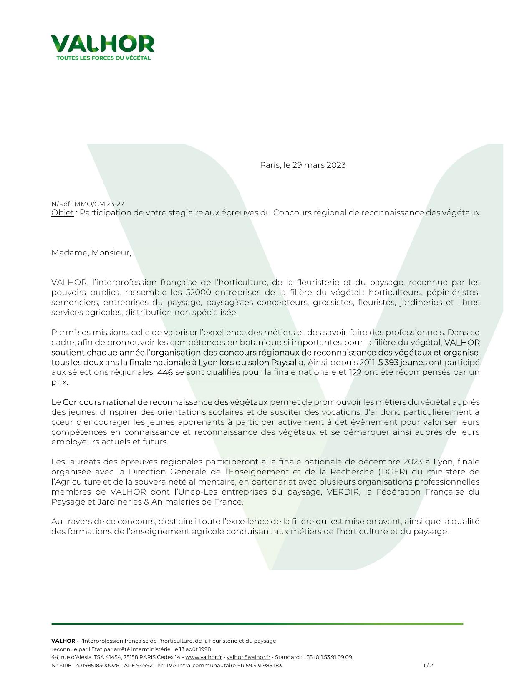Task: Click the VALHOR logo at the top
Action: (x=103, y=44)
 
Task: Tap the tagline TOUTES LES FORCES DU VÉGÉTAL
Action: (x=103, y=58)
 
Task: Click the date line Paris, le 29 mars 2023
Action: (x=303, y=165)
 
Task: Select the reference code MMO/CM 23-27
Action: (x=99, y=204)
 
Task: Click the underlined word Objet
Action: (x=62, y=213)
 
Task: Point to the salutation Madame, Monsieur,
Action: (x=91, y=253)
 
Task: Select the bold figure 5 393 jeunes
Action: (x=402, y=362)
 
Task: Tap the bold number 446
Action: (x=165, y=372)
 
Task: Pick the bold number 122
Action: (x=355, y=372)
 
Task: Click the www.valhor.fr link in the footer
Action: (x=203, y=657)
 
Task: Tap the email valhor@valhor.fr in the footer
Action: (x=248, y=657)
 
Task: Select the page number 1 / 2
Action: (x=428, y=666)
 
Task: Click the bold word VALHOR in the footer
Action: (x=63, y=641)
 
